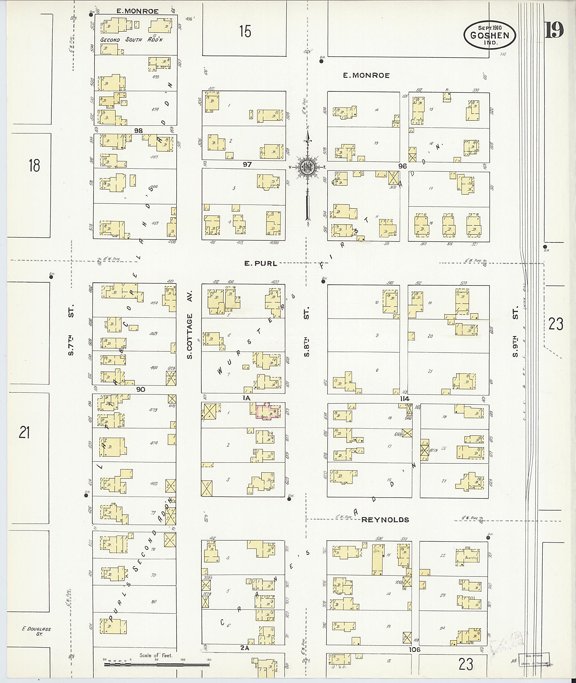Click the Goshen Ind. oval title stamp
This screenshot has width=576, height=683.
click(489, 35)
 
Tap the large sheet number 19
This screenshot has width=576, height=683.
click(554, 30)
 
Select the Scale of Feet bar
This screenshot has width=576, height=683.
click(156, 664)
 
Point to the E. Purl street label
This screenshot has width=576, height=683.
click(260, 263)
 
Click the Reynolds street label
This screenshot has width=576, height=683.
click(385, 520)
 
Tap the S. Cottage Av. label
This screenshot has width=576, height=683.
click(190, 325)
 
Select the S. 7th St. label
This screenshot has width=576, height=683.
click(71, 330)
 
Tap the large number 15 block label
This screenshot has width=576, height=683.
click(245, 32)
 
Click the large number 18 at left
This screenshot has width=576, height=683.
click(34, 166)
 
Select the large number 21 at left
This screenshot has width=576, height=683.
click(24, 433)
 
